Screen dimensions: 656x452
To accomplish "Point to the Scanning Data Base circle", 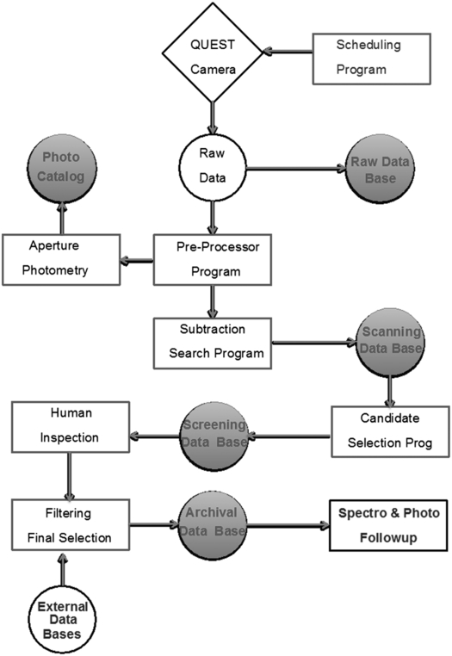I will [x=392, y=343].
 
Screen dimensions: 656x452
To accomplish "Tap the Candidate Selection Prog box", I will [x=391, y=431].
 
